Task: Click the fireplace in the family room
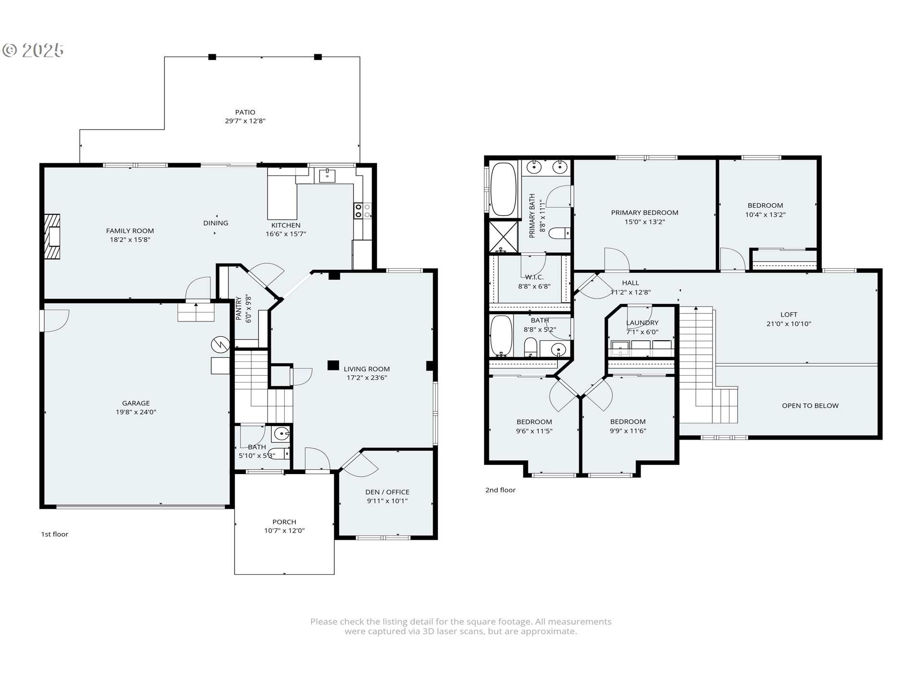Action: (x=53, y=237)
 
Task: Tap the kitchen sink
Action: (x=328, y=176)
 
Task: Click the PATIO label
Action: (x=245, y=112)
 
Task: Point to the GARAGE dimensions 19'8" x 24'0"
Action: (x=136, y=412)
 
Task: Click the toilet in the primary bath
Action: (x=559, y=234)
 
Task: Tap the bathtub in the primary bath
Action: (x=503, y=189)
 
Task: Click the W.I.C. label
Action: (x=534, y=277)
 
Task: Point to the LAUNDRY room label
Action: (x=642, y=323)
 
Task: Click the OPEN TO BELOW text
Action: (x=810, y=406)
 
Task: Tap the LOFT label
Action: (x=789, y=315)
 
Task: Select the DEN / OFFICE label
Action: (x=387, y=492)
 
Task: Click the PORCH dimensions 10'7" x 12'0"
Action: (x=284, y=531)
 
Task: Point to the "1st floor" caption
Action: (x=55, y=535)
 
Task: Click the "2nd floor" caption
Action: (x=500, y=490)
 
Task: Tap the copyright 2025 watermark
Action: (x=33, y=50)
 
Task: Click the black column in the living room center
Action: (x=333, y=365)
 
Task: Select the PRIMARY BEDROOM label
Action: (x=644, y=213)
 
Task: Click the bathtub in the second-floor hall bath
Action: (x=501, y=335)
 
